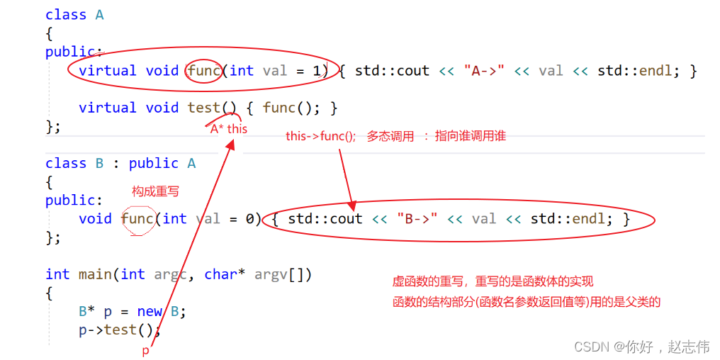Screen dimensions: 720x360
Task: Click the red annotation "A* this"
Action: (x=228, y=129)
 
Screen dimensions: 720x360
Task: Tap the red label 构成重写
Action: (x=155, y=191)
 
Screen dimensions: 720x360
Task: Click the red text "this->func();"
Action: (x=321, y=136)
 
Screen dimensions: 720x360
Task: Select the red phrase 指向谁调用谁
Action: (x=470, y=136)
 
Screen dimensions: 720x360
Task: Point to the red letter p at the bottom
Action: (x=146, y=351)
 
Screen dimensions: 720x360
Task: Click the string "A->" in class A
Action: (x=484, y=71)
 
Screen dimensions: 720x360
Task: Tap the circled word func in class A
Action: (x=204, y=71)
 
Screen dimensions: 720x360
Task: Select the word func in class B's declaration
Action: (x=137, y=219)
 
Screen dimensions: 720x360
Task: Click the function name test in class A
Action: (x=204, y=108)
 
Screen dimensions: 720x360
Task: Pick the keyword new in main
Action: (x=150, y=311)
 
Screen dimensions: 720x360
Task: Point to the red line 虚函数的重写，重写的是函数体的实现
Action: (x=493, y=282)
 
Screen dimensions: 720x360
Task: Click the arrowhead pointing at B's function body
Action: (x=350, y=203)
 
